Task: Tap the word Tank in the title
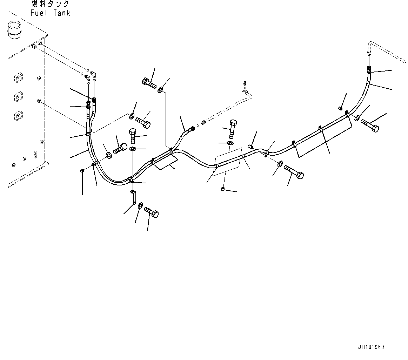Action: [62, 13]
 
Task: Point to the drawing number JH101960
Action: [371, 347]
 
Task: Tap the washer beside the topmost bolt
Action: [160, 90]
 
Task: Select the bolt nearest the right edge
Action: [370, 125]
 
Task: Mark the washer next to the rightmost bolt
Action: [357, 118]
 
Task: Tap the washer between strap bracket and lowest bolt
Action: [140, 205]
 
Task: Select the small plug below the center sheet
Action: [223, 190]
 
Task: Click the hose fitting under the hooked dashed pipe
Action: [369, 69]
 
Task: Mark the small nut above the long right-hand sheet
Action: [340, 108]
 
